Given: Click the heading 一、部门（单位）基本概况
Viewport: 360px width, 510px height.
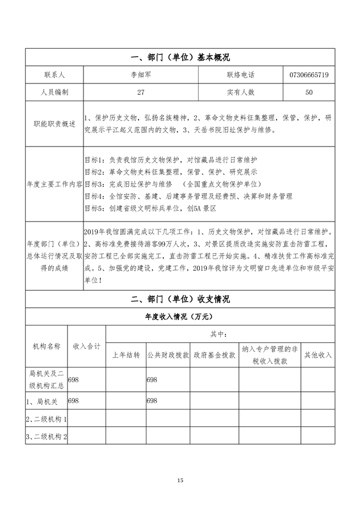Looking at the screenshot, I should coord(180,57).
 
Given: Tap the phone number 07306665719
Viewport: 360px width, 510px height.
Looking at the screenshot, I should coord(309,75).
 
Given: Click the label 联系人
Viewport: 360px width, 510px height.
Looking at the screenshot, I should coord(54,75).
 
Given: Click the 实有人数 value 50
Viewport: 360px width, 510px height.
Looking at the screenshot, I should coord(309,91).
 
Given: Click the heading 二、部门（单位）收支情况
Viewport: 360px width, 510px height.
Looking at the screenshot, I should coord(180,299).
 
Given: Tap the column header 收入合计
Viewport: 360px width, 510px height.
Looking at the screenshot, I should coord(87,345).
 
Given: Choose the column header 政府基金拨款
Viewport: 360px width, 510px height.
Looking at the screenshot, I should coord(214,355).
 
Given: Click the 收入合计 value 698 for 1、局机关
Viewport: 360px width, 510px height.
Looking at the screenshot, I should coord(73,400).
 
